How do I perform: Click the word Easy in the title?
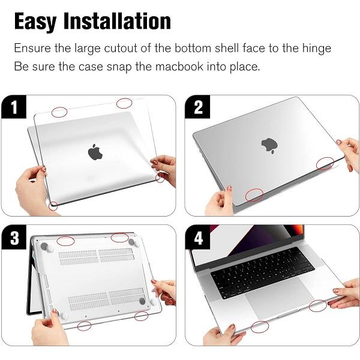38,21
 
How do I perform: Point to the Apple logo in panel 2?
268,145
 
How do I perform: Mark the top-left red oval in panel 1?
59,112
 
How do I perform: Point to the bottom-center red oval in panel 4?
259,327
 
